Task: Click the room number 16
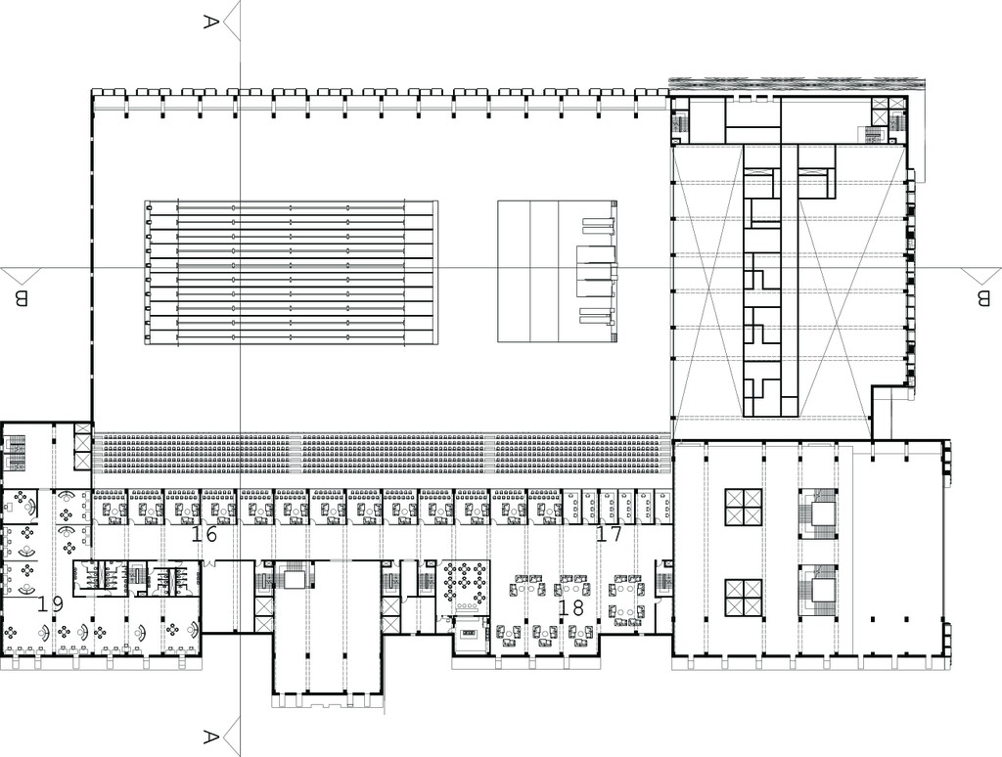204,533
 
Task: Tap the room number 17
609,533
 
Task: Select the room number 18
570,607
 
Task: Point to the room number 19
49,603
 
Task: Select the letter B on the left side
22,298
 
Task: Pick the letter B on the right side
982,298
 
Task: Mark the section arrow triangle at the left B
21,276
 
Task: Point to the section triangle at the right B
981,276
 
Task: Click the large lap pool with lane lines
292,273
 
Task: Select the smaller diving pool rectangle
557,272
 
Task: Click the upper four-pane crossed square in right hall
744,508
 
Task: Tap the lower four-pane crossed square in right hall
744,598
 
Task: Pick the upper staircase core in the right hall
817,516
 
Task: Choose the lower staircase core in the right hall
817,592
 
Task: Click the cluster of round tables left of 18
465,583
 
